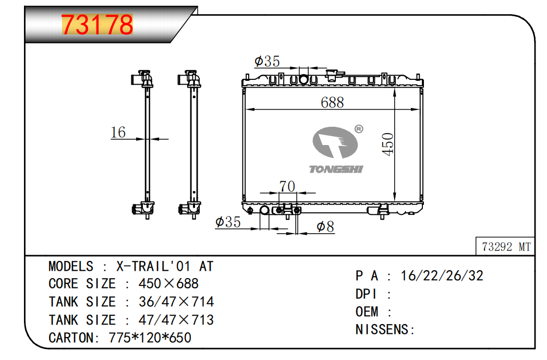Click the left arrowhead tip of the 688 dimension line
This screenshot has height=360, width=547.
246,110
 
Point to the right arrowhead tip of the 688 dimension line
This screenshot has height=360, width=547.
420,110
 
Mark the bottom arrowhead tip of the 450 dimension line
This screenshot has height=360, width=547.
395,202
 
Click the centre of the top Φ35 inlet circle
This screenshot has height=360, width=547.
303,79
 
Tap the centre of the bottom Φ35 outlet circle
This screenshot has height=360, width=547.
264,210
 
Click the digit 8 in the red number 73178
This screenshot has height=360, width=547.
124,25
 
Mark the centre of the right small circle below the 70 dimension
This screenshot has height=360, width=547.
297,210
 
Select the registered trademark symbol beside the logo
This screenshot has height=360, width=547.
359,129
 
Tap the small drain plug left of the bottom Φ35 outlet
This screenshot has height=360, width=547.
250,210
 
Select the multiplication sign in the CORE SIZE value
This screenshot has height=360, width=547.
168,283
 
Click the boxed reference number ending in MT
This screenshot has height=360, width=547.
506,247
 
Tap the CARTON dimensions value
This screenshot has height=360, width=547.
150,338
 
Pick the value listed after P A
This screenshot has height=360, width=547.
442,276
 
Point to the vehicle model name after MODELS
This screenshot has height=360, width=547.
165,267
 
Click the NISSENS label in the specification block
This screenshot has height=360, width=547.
382,329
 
